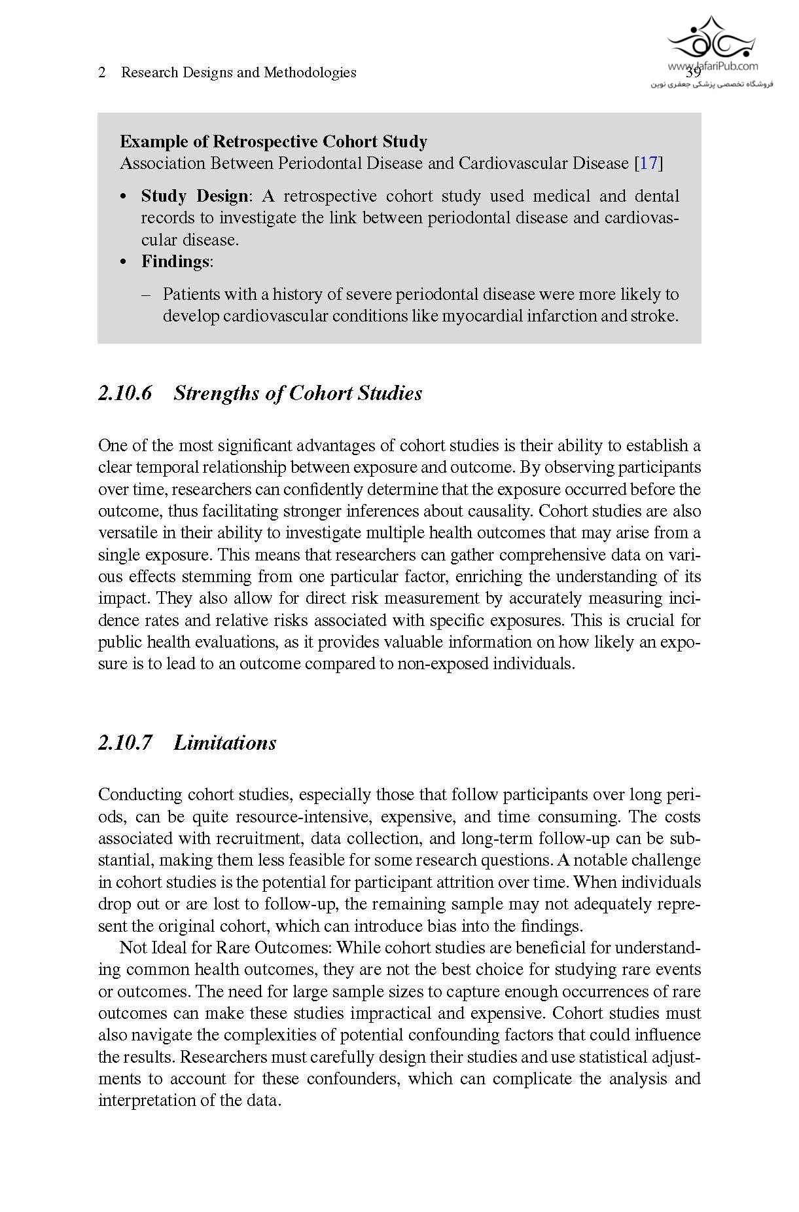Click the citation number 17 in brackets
click(x=648, y=163)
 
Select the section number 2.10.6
click(x=125, y=394)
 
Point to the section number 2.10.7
click(x=125, y=743)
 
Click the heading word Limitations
click(x=224, y=743)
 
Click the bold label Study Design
click(x=194, y=196)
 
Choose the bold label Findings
click(x=175, y=262)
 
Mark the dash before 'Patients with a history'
click(x=147, y=295)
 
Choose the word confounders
click(x=353, y=1078)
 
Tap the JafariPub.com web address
click(x=713, y=65)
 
